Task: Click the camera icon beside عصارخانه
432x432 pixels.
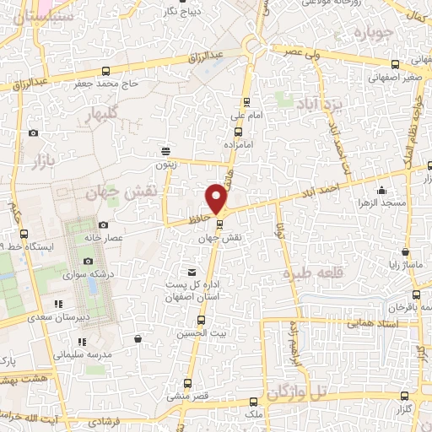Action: (x=103, y=224)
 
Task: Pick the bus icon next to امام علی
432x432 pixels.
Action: (x=237, y=132)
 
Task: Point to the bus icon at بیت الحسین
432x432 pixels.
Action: (x=201, y=320)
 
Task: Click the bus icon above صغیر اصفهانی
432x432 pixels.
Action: (x=395, y=64)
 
